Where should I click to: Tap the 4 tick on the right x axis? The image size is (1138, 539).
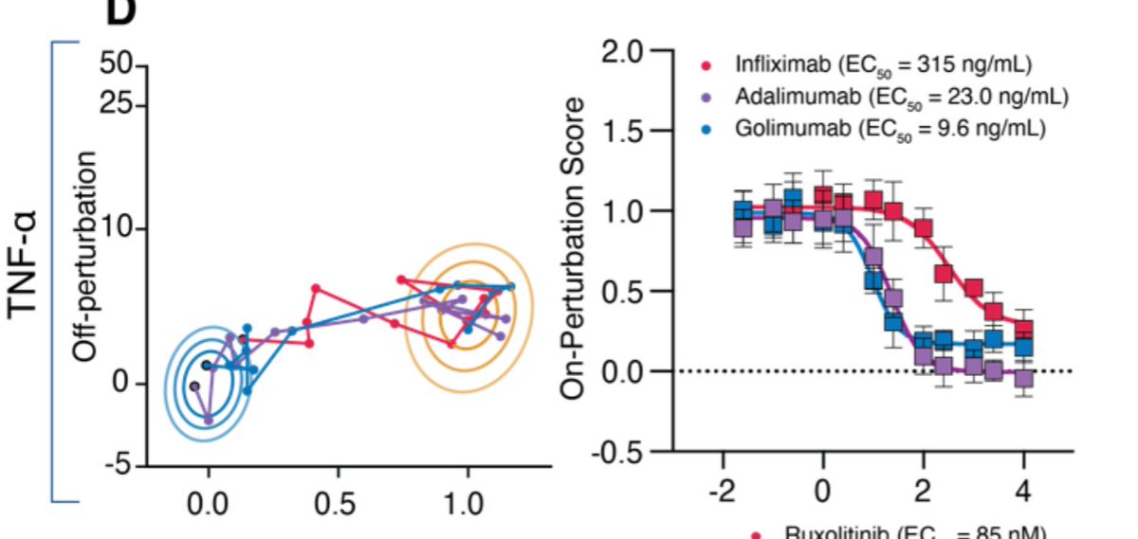[1024, 494]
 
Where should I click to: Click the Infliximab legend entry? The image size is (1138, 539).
[882, 65]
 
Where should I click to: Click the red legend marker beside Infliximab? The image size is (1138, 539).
[706, 66]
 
